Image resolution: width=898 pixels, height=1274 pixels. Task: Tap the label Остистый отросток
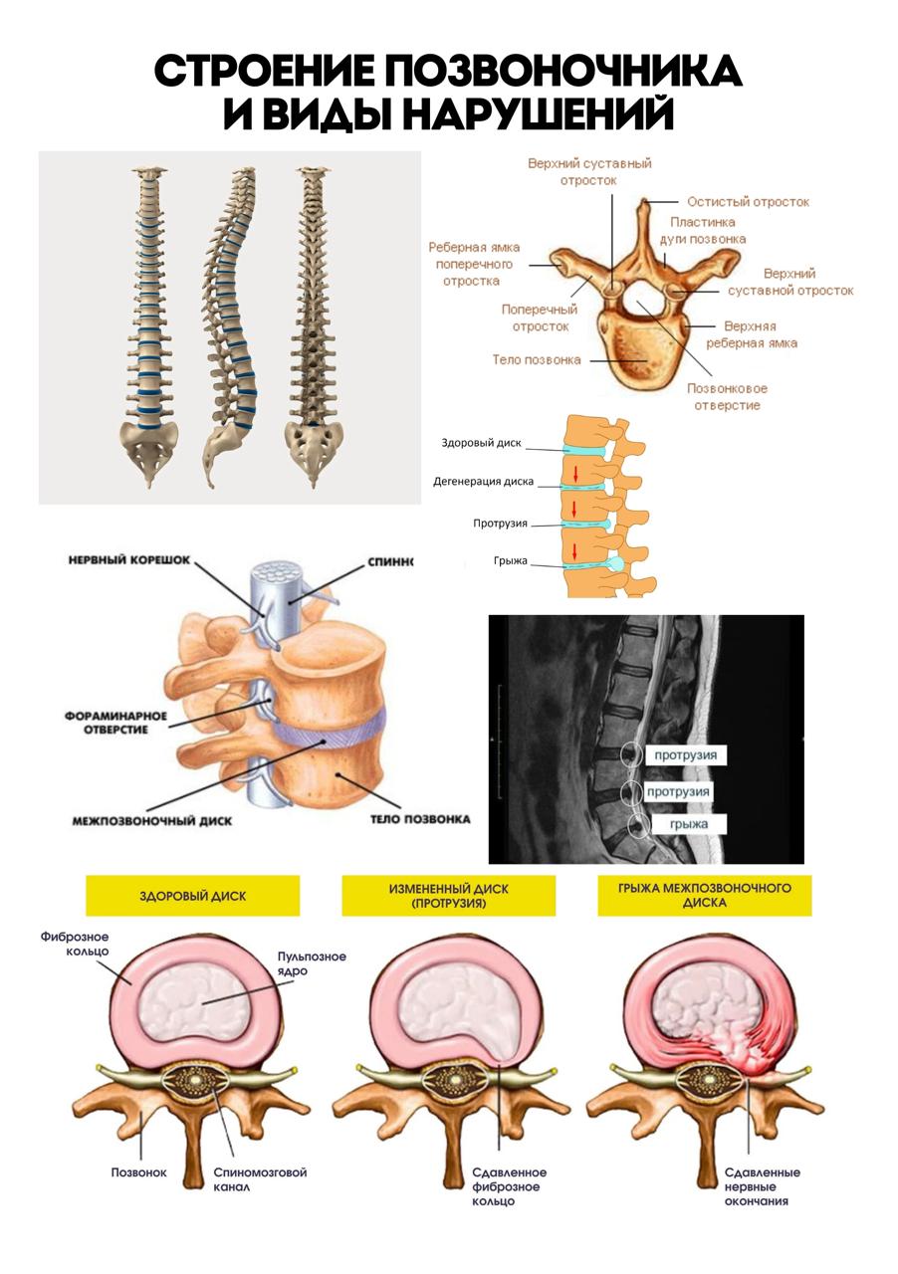[x=748, y=202]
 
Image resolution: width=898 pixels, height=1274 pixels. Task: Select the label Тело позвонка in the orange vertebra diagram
[x=537, y=359]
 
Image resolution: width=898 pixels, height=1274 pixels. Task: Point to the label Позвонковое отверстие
[x=727, y=397]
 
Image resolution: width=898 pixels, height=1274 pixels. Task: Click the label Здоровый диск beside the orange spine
[x=482, y=443]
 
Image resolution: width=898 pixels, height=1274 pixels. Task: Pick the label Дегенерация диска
[x=483, y=481]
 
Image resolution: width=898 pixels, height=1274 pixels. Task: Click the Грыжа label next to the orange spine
[x=511, y=560]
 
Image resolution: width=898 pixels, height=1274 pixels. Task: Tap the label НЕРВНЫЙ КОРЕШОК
[x=129, y=560]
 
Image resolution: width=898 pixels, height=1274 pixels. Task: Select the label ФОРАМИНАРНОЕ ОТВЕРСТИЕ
[x=116, y=723]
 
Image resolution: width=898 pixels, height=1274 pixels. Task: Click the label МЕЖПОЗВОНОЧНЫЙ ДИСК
[x=152, y=821]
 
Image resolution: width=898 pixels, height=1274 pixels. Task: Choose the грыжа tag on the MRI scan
[x=689, y=824]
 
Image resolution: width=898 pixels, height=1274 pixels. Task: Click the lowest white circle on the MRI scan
[x=638, y=826]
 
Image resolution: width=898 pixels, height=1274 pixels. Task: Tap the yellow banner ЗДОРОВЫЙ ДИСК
[x=192, y=896]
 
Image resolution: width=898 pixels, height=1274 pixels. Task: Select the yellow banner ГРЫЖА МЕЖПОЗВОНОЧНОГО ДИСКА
[x=704, y=896]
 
